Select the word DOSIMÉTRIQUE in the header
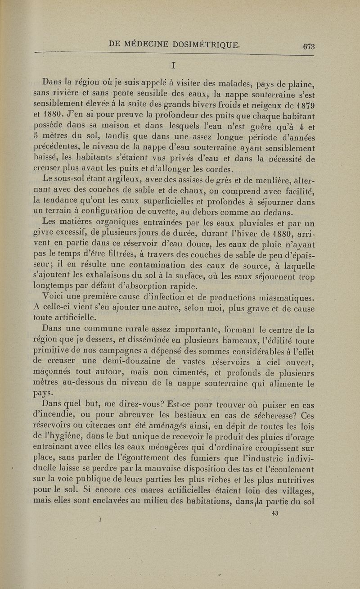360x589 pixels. pos(209,44)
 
